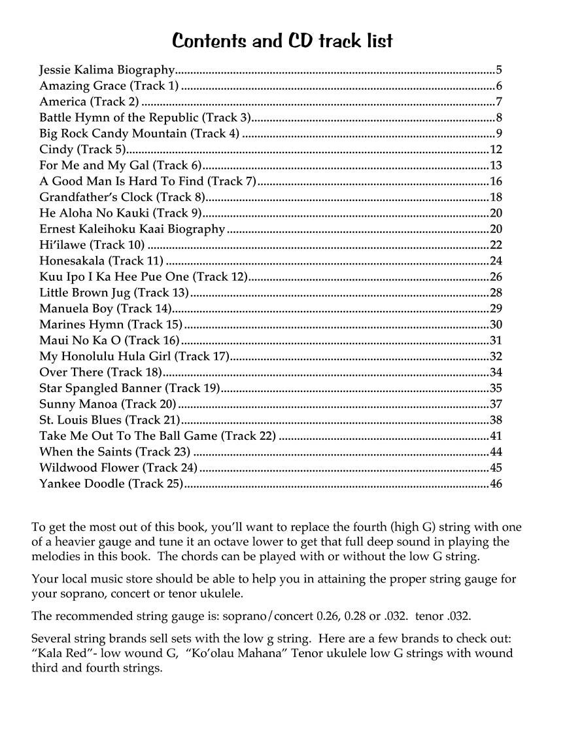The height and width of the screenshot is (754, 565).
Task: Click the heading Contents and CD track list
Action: (282, 41)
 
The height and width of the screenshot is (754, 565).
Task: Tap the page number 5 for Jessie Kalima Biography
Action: (499, 70)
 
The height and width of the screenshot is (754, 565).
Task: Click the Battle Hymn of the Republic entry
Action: (145, 118)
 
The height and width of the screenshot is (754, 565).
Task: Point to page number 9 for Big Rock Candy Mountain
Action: (499, 134)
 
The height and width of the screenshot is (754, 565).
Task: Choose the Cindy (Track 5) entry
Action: (82, 150)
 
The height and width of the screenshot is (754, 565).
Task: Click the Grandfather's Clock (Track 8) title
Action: (122, 197)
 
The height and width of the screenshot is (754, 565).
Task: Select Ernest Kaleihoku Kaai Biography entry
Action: (132, 229)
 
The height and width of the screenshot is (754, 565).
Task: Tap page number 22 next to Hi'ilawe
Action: (496, 245)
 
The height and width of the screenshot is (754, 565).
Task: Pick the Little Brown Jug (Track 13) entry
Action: (114, 293)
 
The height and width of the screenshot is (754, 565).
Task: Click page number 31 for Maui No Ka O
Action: (496, 340)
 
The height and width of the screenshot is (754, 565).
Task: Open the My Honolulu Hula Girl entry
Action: (134, 356)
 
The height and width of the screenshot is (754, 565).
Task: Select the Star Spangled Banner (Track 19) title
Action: (129, 388)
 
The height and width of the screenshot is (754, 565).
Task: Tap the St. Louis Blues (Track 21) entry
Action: (109, 420)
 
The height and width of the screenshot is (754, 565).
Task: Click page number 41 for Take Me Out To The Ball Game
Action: (496, 436)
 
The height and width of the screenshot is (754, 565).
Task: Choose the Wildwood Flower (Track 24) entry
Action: (118, 468)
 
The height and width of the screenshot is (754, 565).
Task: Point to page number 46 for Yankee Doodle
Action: (496, 484)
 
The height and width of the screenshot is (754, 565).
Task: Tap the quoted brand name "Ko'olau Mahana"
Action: (241, 654)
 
